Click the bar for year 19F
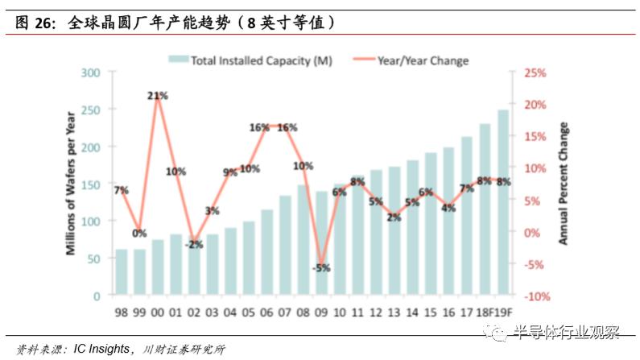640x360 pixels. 503,202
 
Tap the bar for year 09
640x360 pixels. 322,242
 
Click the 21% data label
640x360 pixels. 158,96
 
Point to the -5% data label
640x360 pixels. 322,268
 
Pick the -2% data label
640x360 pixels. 195,245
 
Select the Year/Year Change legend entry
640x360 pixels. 423,60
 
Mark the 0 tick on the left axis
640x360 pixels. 96,296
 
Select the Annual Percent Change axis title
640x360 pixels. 564,184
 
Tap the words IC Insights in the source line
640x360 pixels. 100,349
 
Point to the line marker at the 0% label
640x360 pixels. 140,232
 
